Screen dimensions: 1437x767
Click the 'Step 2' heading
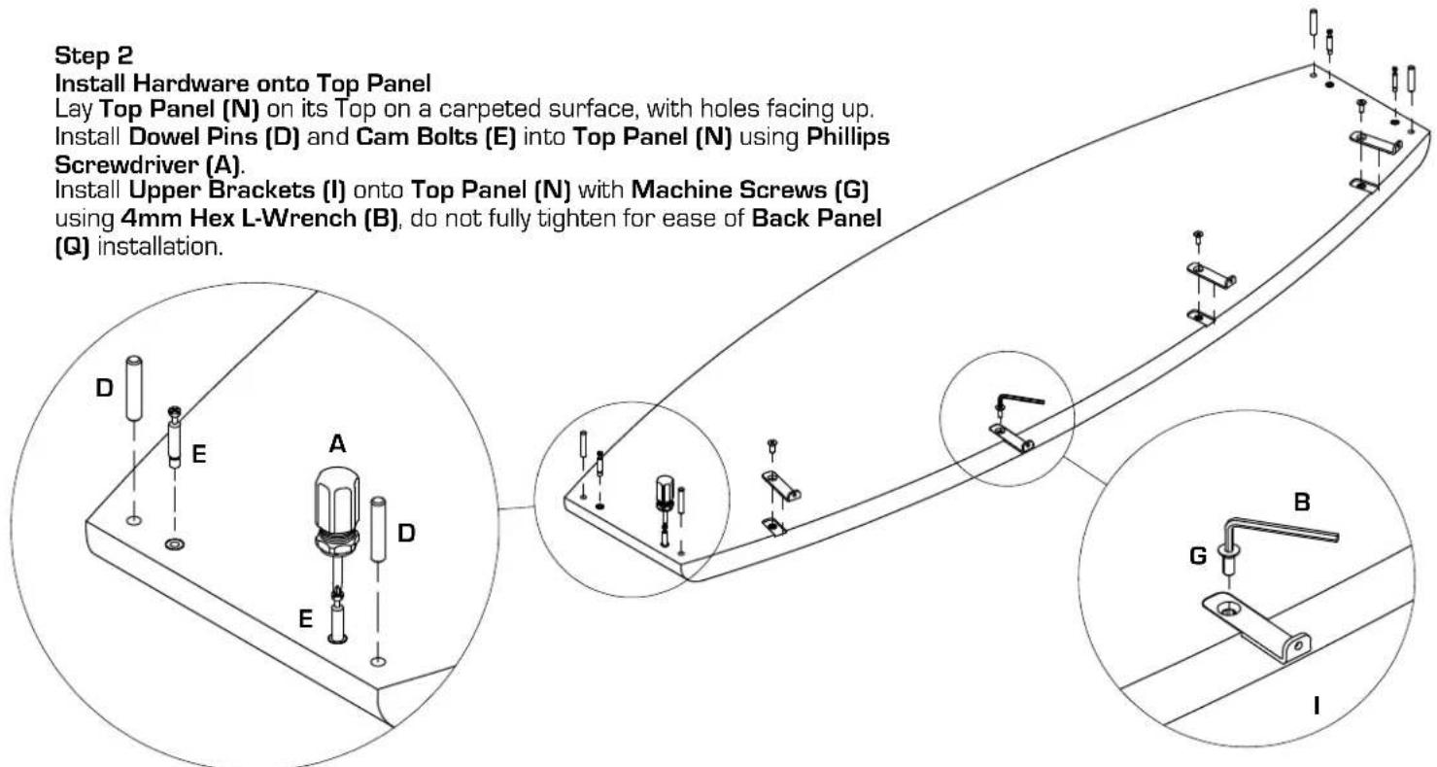click(x=93, y=55)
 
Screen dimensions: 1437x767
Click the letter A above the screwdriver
click(x=337, y=443)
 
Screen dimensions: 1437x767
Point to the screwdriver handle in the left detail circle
click(x=336, y=508)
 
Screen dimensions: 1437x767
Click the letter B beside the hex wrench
click(x=1302, y=502)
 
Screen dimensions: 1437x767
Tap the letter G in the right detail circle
click(x=1198, y=556)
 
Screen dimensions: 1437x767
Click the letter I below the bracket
click(x=1317, y=706)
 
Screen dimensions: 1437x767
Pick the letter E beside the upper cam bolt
click(x=199, y=454)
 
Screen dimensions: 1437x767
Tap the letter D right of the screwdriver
click(x=406, y=533)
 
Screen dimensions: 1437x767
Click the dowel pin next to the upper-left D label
click(x=133, y=388)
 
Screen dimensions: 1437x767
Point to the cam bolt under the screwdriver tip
click(x=337, y=617)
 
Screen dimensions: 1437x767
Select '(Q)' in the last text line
click(x=72, y=247)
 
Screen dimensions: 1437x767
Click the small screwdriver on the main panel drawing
click(x=665, y=507)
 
